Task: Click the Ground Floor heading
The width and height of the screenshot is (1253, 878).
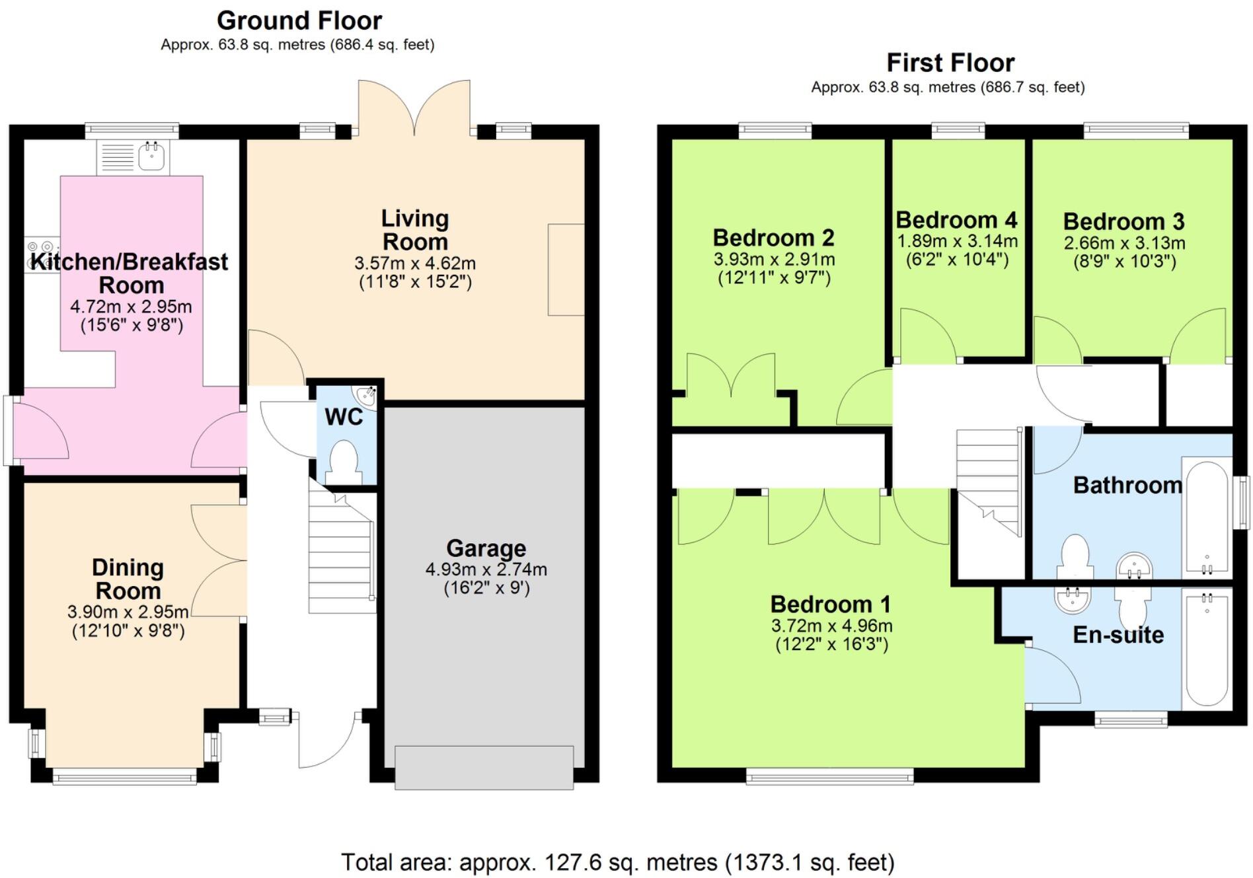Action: [x=299, y=21]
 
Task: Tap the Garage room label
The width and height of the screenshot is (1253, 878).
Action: [x=486, y=548]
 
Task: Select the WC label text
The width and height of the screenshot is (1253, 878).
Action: [x=344, y=418]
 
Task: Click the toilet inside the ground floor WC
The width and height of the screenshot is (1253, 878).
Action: [x=343, y=461]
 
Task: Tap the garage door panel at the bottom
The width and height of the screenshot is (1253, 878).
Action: [x=484, y=767]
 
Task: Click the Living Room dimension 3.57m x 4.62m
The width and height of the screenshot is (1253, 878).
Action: [x=414, y=263]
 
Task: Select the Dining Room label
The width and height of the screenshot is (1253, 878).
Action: [x=128, y=579]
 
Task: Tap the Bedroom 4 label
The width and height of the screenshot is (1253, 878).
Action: [x=956, y=220]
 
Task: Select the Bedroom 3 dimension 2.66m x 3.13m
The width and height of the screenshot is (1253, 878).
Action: [x=1124, y=243]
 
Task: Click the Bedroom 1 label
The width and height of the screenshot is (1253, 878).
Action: [x=830, y=604]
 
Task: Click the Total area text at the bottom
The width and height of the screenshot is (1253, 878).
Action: [x=617, y=862]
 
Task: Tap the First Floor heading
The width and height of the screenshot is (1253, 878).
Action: [x=950, y=63]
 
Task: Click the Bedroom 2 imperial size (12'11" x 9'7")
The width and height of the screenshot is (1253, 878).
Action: [x=774, y=277]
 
